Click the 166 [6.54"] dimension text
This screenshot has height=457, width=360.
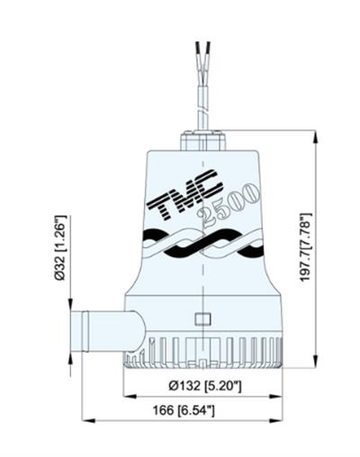click(185, 411)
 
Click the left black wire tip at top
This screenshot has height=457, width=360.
click(194, 42)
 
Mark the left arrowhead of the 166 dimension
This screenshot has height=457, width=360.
click(85, 419)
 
